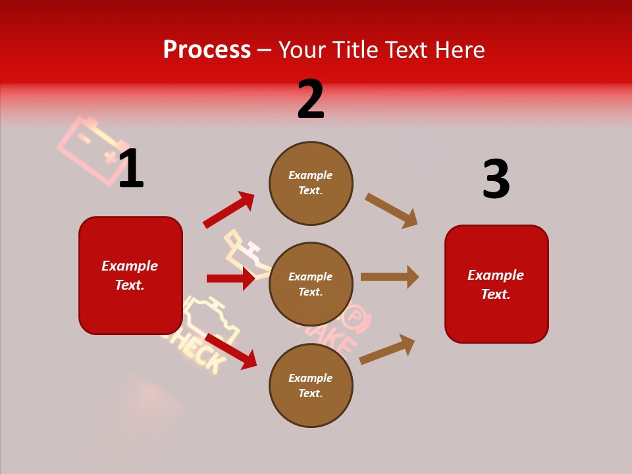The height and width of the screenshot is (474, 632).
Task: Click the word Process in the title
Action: click(207, 50)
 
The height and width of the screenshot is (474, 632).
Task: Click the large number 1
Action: click(131, 169)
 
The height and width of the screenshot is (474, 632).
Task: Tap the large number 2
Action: click(311, 99)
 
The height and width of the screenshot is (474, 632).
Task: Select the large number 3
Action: click(496, 179)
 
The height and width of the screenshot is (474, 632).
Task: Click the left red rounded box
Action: click(130, 275)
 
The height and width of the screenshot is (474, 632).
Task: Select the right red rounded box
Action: click(496, 284)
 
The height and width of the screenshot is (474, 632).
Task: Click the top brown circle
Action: click(311, 183)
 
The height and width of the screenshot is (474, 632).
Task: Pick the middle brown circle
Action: click(311, 284)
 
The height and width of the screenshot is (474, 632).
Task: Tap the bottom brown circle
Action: click(311, 386)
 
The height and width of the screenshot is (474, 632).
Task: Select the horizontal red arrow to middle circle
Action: click(230, 278)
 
